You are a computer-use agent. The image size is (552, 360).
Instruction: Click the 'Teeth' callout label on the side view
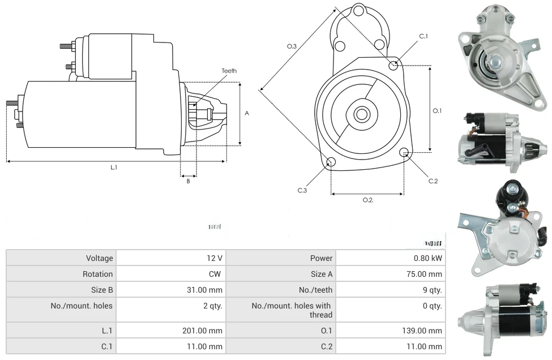(x=229, y=71)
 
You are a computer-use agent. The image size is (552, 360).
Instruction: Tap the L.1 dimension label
(x=113, y=167)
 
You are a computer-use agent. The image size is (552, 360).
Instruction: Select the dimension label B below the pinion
(x=188, y=181)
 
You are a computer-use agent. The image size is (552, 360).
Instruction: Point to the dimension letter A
(x=247, y=113)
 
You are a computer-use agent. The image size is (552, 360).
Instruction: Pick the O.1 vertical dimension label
(x=437, y=111)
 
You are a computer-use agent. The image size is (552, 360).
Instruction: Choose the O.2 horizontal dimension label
(x=367, y=200)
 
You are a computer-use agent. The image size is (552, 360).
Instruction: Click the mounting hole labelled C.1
(x=393, y=66)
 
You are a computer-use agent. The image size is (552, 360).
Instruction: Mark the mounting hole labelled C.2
(x=404, y=152)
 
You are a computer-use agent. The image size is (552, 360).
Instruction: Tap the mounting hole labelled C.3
(x=331, y=163)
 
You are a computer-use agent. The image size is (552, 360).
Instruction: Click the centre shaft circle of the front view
(x=361, y=114)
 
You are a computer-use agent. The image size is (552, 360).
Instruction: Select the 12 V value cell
(x=215, y=258)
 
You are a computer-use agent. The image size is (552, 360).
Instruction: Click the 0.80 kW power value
(x=428, y=258)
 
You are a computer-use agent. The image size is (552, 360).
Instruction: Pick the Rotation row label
(x=99, y=274)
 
